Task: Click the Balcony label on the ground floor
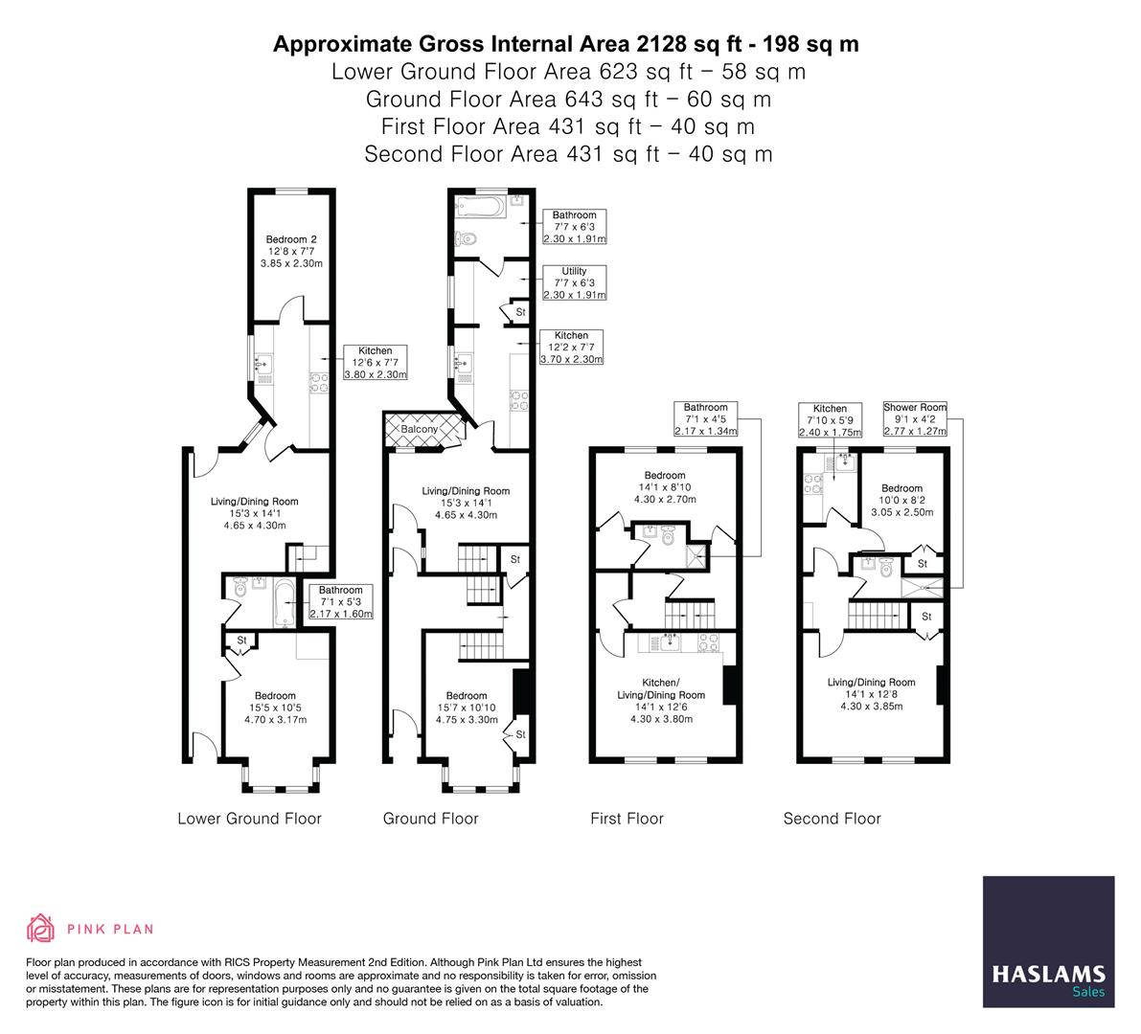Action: click(420, 430)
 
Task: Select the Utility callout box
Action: click(575, 283)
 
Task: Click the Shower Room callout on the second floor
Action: click(915, 419)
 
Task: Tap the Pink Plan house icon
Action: click(40, 928)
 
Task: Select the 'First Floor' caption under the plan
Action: click(627, 819)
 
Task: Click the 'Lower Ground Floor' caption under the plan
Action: click(249, 819)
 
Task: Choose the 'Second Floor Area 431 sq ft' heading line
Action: click(568, 154)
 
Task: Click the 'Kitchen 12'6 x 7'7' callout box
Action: click(376, 363)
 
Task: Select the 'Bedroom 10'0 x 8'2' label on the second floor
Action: click(901, 500)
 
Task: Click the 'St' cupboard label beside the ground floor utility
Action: click(521, 312)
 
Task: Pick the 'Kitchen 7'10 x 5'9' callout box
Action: click(830, 419)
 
